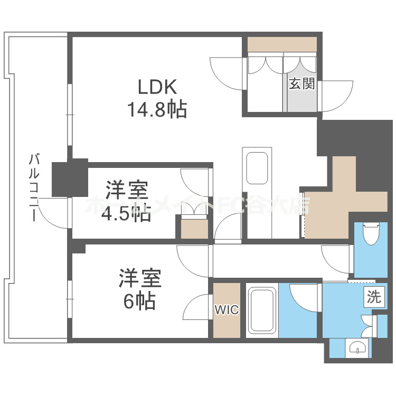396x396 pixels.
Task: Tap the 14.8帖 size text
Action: pyautogui.click(x=156, y=109)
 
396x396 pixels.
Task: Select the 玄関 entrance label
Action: pyautogui.click(x=301, y=83)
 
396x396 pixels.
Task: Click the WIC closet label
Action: pyautogui.click(x=227, y=310)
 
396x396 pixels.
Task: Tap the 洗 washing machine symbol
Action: pyautogui.click(x=374, y=297)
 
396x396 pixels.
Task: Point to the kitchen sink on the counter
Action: pyautogui.click(x=257, y=167)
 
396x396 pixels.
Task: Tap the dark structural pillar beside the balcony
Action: pyautogui.click(x=70, y=178)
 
